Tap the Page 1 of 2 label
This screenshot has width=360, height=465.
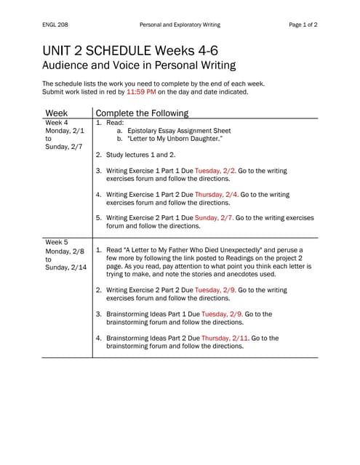tap(303, 25)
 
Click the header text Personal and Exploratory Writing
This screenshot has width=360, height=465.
tap(180, 25)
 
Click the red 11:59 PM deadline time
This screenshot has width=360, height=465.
tap(141, 92)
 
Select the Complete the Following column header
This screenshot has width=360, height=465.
tap(142, 113)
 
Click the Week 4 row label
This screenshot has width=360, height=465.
tap(56, 123)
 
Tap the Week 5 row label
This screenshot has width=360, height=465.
tap(56, 242)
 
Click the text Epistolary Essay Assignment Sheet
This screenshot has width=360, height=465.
tap(179, 131)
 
